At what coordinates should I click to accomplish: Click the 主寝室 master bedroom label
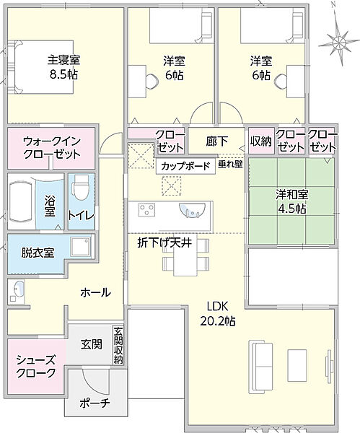[x=63, y=60]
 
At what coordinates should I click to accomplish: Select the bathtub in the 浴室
[x=21, y=201]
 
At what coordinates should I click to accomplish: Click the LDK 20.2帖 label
[x=218, y=313]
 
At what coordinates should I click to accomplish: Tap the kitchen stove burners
[x=146, y=209]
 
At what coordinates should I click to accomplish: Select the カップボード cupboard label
[x=185, y=166]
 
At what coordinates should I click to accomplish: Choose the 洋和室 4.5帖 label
[x=291, y=201]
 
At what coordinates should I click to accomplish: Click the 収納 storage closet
[x=261, y=141]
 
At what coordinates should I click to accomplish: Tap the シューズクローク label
[x=35, y=367]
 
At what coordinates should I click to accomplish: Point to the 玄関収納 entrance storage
[x=118, y=346]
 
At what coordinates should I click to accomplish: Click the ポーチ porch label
[x=95, y=403]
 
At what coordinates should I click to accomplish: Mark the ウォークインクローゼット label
[x=52, y=148]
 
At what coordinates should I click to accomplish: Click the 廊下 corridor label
[x=217, y=141]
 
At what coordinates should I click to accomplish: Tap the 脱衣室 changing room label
[x=38, y=253]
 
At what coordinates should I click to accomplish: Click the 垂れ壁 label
[x=230, y=165]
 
